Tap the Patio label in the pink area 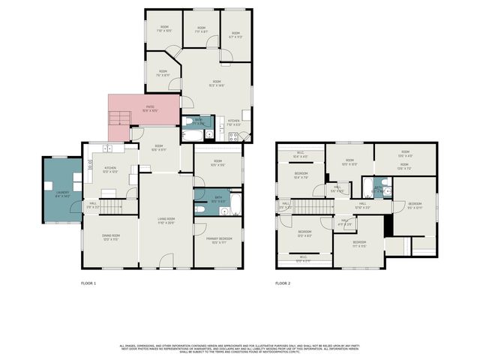[x=150, y=109]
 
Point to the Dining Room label [x=111, y=237]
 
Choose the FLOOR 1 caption [x=88, y=283]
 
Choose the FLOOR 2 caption [x=282, y=283]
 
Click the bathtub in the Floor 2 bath [x=367, y=187]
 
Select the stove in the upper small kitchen [x=233, y=136]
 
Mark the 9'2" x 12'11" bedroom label [x=414, y=205]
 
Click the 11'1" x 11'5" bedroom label [x=359, y=244]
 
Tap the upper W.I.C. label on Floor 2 [x=300, y=154]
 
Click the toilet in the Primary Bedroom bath [x=200, y=210]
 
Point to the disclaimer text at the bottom [x=239, y=349]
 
